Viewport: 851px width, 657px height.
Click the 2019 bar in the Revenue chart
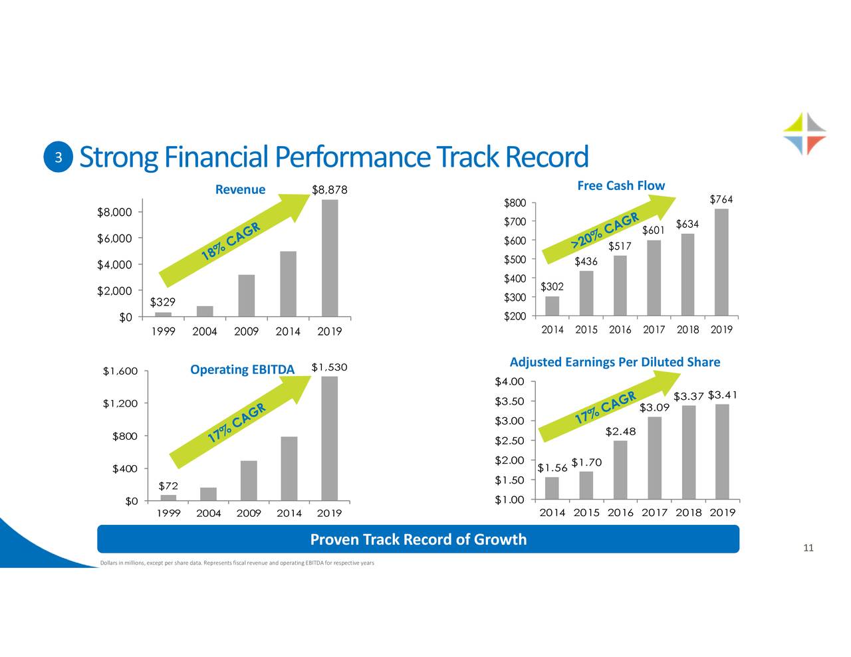(x=330, y=258)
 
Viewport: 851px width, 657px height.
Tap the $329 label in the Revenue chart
(x=163, y=302)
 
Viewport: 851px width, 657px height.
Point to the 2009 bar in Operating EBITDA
(x=249, y=480)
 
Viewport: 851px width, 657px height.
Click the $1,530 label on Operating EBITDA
(x=329, y=368)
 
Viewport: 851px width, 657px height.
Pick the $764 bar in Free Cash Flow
(x=721, y=262)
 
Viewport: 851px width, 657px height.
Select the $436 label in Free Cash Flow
(x=586, y=262)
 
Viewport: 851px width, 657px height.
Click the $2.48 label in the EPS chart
(x=621, y=432)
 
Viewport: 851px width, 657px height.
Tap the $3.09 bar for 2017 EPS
(x=654, y=458)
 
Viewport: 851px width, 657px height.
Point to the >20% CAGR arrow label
(x=605, y=232)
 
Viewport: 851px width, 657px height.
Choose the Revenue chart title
(x=240, y=190)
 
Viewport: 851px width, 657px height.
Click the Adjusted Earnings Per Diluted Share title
(x=614, y=362)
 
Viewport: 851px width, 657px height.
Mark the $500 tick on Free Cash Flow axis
(x=515, y=259)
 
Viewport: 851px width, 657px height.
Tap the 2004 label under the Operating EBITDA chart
(x=208, y=513)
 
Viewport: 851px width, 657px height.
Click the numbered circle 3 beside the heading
(x=59, y=157)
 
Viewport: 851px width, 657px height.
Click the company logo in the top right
(x=804, y=134)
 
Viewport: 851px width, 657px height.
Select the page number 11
(x=808, y=548)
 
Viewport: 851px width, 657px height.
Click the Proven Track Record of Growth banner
(x=418, y=539)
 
